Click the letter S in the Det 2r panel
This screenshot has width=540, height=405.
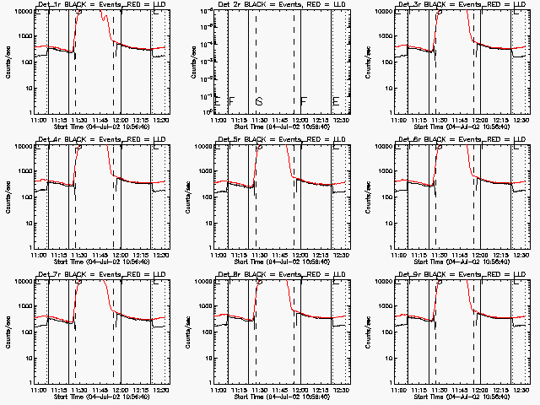(x=259, y=102)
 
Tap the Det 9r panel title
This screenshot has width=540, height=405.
(x=462, y=274)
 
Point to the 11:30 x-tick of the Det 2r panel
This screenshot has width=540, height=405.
(x=259, y=120)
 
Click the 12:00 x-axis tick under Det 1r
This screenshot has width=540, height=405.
(x=121, y=120)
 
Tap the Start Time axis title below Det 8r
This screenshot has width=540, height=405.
(x=282, y=396)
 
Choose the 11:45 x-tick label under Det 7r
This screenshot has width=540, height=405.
(x=100, y=390)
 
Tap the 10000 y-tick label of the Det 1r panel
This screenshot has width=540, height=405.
(x=20, y=12)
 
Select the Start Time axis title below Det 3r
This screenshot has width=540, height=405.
(x=462, y=126)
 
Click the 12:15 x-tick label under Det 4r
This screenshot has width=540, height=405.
(x=142, y=255)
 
